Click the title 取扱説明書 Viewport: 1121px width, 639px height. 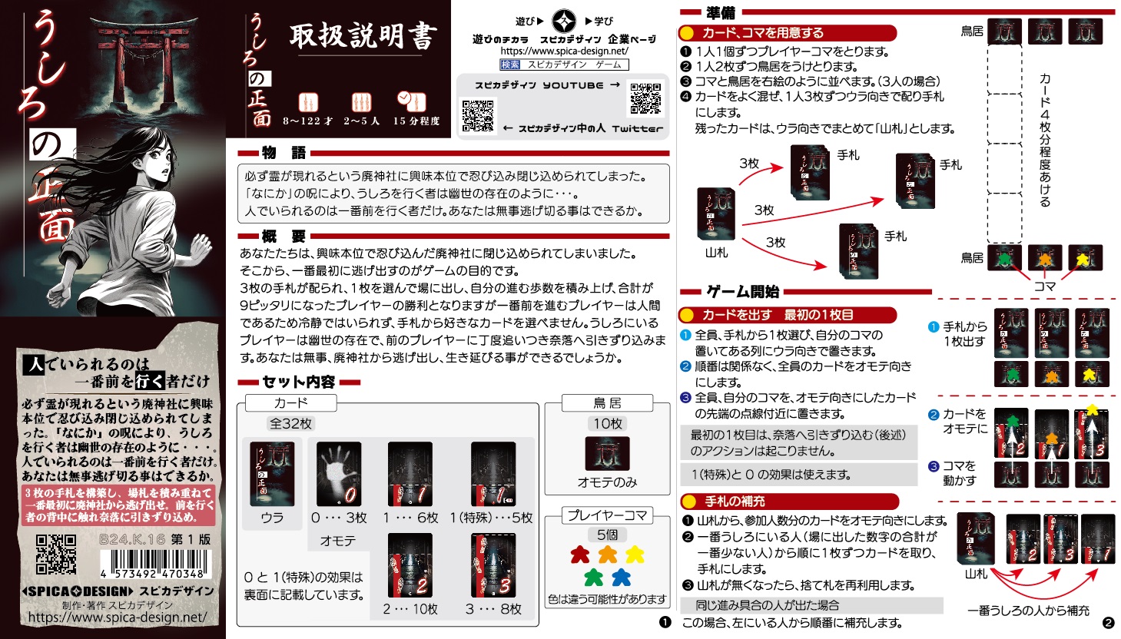click(362, 37)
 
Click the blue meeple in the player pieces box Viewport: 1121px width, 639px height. click(621, 576)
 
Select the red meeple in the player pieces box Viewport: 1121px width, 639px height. click(580, 555)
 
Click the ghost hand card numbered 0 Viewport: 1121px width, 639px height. click(339, 474)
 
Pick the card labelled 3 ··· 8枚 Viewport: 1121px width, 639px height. click(493, 566)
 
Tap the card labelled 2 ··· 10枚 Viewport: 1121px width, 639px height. click(410, 566)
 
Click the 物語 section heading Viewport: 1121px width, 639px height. click(284, 153)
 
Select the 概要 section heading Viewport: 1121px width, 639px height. click(284, 236)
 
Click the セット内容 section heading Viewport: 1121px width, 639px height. click(298, 382)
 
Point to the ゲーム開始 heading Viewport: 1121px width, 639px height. click(742, 292)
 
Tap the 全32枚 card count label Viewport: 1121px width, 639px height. click(290, 423)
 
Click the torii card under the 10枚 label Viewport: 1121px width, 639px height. click(607, 453)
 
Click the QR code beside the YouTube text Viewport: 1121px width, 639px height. click(645, 98)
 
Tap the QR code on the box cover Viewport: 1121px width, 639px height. click(56, 555)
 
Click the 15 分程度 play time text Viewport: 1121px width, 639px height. click(416, 121)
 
